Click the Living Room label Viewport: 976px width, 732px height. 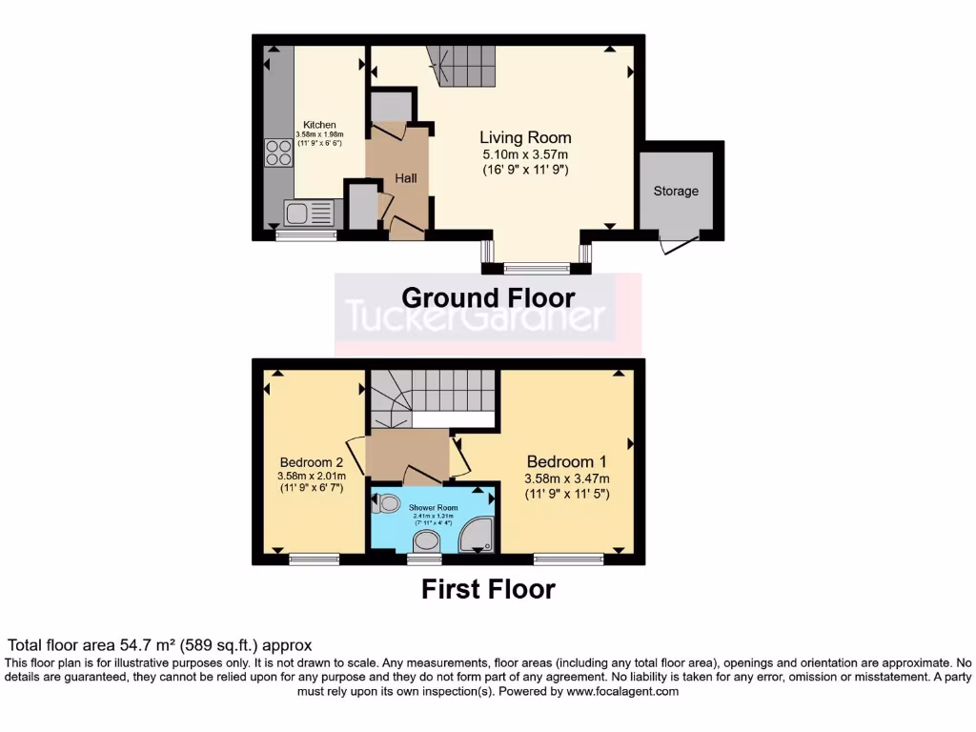click(525, 137)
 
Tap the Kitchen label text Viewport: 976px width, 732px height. click(319, 125)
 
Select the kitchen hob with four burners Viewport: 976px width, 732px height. click(278, 152)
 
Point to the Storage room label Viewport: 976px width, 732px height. click(676, 191)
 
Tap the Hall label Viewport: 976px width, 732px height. click(406, 178)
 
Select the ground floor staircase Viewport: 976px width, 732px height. click(467, 66)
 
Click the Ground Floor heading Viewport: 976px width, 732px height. click(488, 297)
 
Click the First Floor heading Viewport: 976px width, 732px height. click(488, 589)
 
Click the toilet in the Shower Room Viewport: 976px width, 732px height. click(388, 504)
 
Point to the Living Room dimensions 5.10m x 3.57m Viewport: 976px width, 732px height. click(525, 154)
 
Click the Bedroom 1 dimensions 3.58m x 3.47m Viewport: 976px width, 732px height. click(566, 478)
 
